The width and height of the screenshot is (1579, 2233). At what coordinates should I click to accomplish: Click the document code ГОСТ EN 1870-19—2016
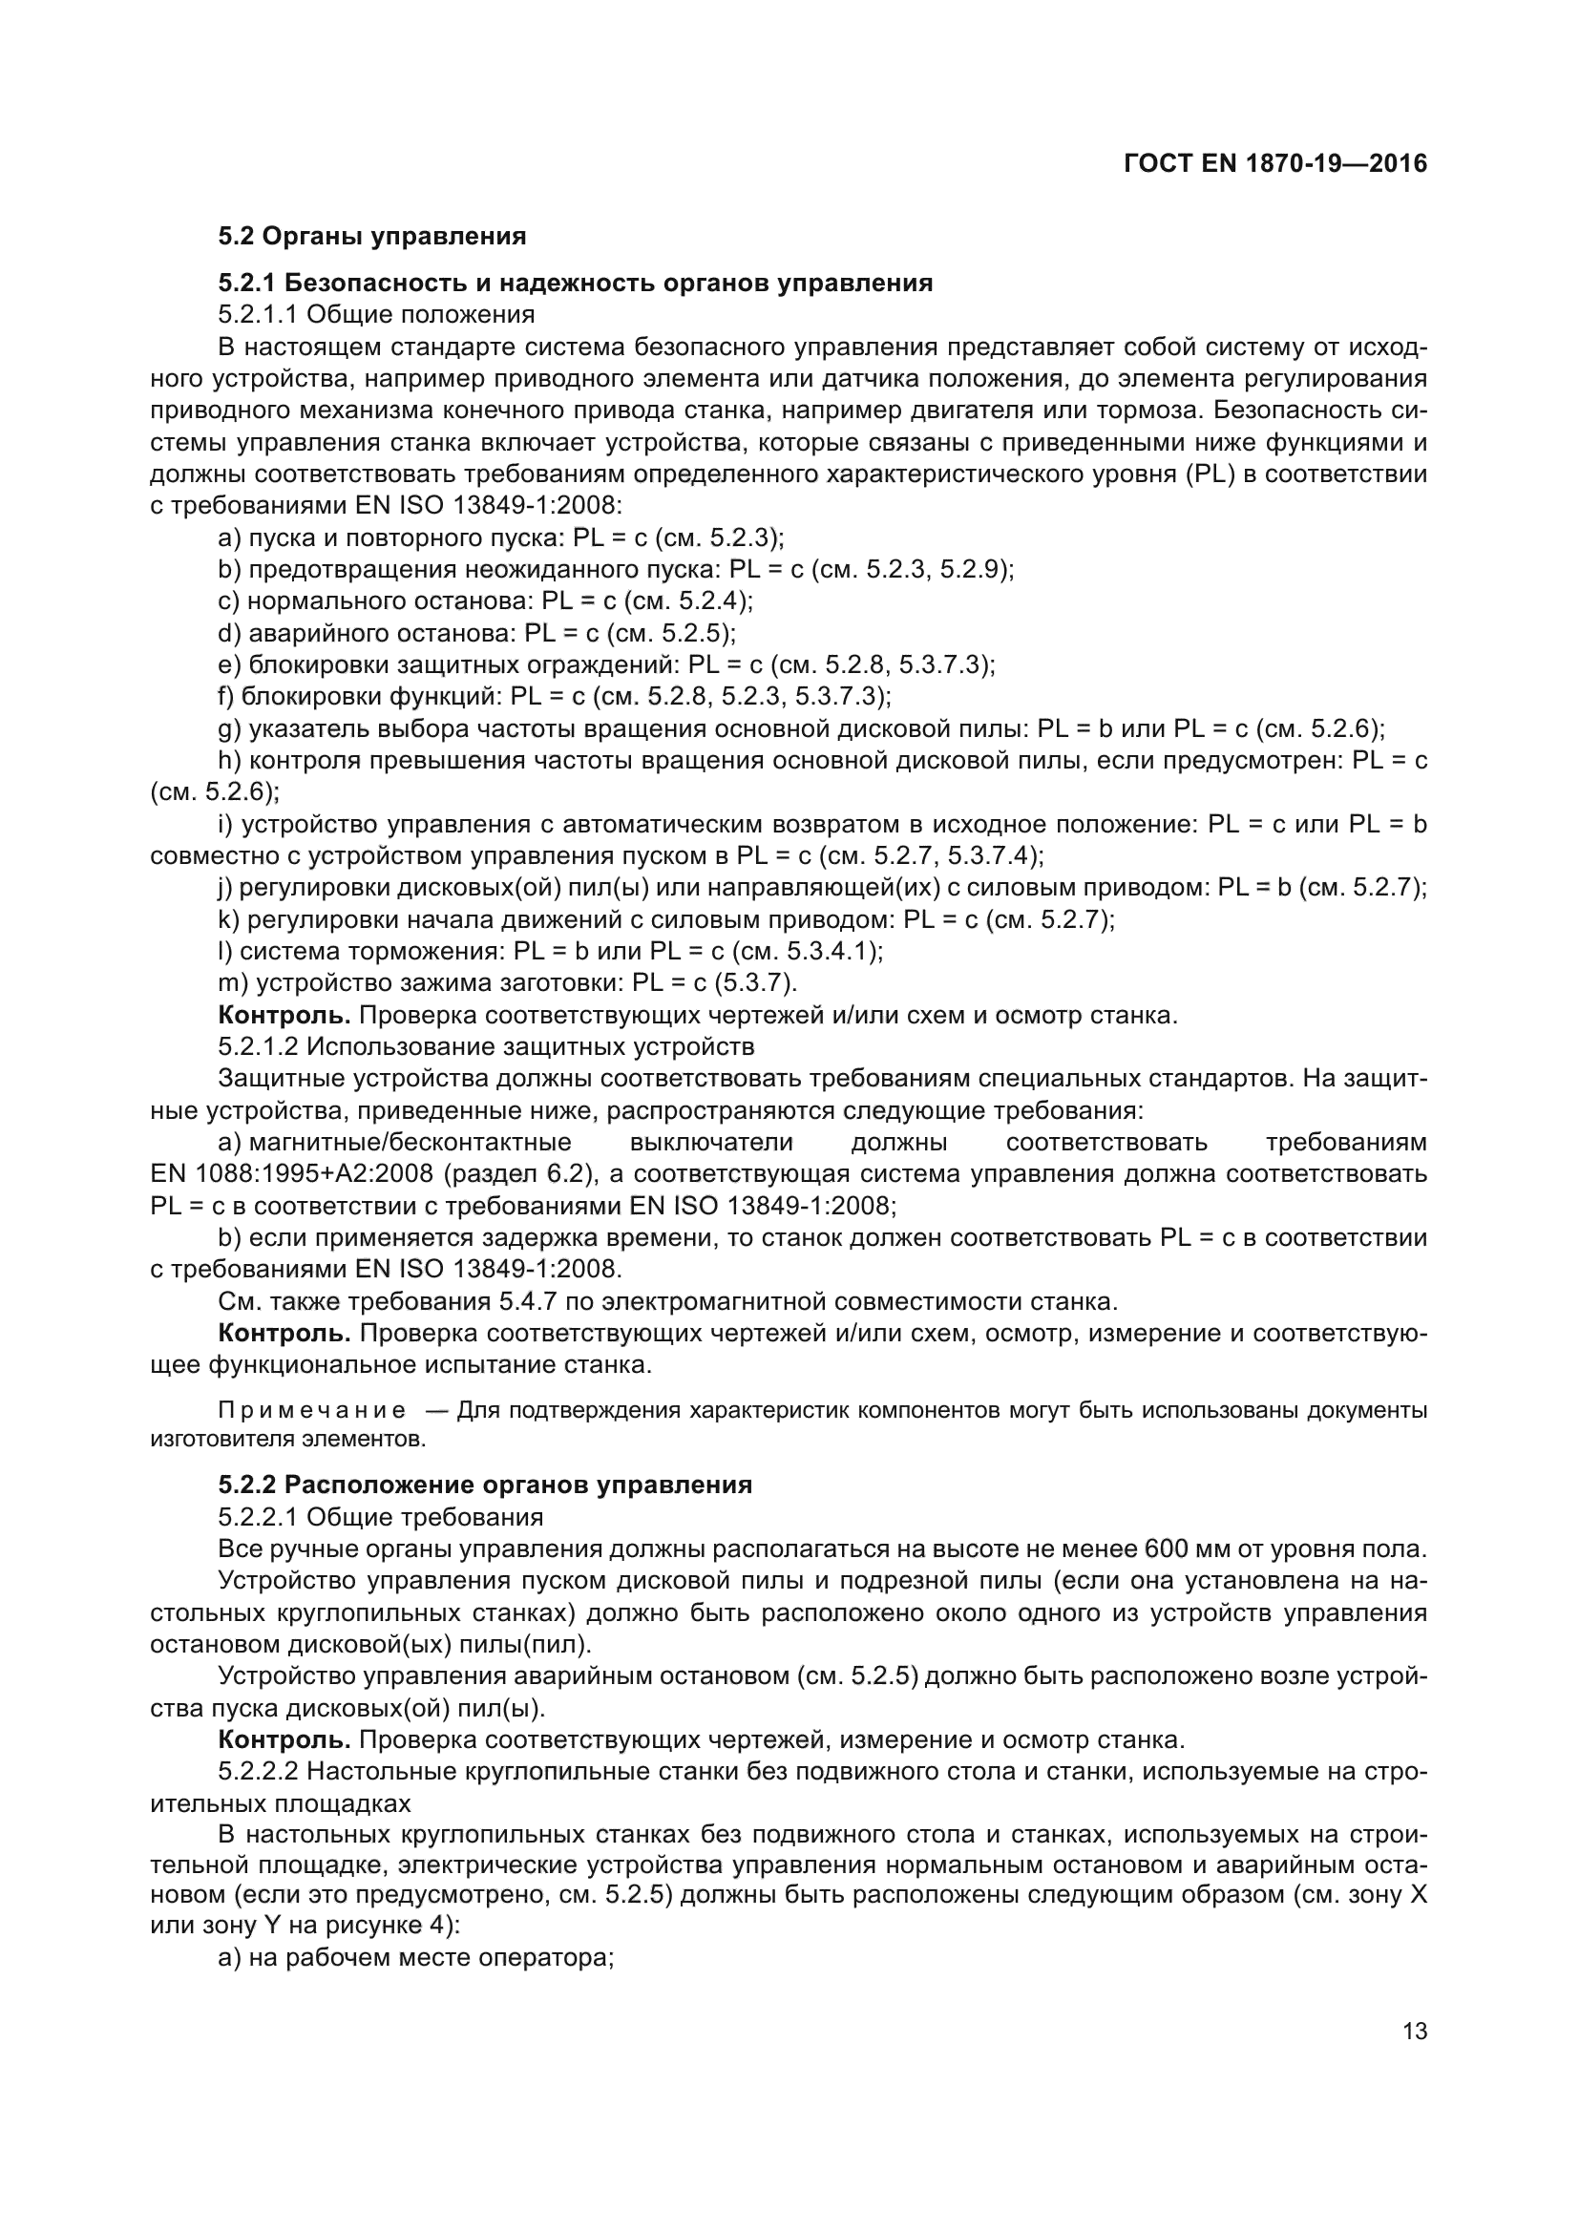1274,163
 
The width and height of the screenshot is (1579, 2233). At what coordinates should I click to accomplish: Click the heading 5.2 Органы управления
372,236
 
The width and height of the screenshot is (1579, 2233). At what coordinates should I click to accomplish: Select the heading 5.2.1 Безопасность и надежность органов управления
575,283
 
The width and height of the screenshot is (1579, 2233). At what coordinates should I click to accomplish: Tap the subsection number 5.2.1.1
259,315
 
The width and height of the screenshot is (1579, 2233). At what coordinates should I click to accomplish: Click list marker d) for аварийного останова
229,633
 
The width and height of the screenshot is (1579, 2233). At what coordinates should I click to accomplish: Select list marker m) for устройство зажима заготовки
234,983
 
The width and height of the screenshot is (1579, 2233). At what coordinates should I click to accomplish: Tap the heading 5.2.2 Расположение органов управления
485,1485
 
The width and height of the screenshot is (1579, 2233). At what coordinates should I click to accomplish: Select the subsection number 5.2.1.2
259,1047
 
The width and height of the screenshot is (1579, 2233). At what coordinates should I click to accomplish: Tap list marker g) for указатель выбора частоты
229,728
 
